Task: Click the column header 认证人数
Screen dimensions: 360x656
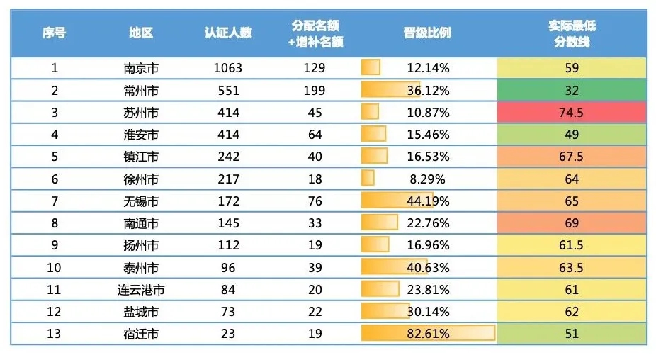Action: pyautogui.click(x=228, y=33)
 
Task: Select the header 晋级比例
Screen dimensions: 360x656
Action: pyautogui.click(x=427, y=33)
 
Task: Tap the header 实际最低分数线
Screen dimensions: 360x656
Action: pyautogui.click(x=572, y=33)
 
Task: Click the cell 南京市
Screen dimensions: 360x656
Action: pyautogui.click(x=141, y=68)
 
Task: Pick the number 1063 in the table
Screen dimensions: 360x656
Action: pyautogui.click(x=228, y=68)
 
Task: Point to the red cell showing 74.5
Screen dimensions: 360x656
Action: pyautogui.click(x=572, y=113)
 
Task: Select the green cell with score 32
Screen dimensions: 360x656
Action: pyautogui.click(x=572, y=91)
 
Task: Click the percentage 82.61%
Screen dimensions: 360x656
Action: pyautogui.click(x=427, y=334)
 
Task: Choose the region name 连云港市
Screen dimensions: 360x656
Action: pyautogui.click(x=141, y=290)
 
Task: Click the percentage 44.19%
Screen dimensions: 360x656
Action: pyautogui.click(x=427, y=201)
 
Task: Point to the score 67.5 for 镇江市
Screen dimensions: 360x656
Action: pyautogui.click(x=572, y=157)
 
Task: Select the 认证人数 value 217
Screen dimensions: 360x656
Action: pyautogui.click(x=228, y=179)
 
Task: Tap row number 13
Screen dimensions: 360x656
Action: pyautogui.click(x=54, y=334)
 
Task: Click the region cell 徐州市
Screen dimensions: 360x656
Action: pyautogui.click(x=141, y=179)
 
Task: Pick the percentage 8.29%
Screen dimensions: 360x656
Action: pyautogui.click(x=427, y=179)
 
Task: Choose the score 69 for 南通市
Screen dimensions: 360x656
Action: pyautogui.click(x=572, y=223)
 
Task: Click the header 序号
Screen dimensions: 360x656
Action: pyautogui.click(x=54, y=33)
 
